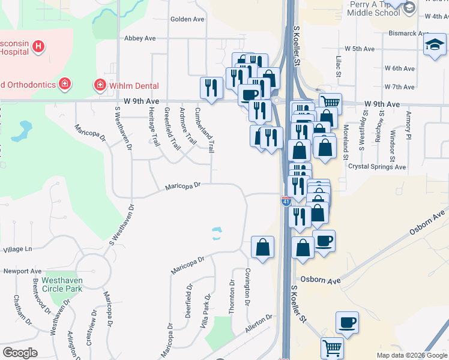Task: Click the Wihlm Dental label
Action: (x=134, y=85)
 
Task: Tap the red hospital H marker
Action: (x=38, y=46)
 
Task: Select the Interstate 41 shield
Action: (x=286, y=201)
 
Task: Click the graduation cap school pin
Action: (x=434, y=45)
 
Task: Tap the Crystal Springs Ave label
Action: (x=377, y=167)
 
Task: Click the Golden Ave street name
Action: (x=187, y=19)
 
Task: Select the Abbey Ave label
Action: (x=139, y=38)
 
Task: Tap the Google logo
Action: (x=20, y=353)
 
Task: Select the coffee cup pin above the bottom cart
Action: (x=347, y=322)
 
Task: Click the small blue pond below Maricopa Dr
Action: (x=216, y=233)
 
